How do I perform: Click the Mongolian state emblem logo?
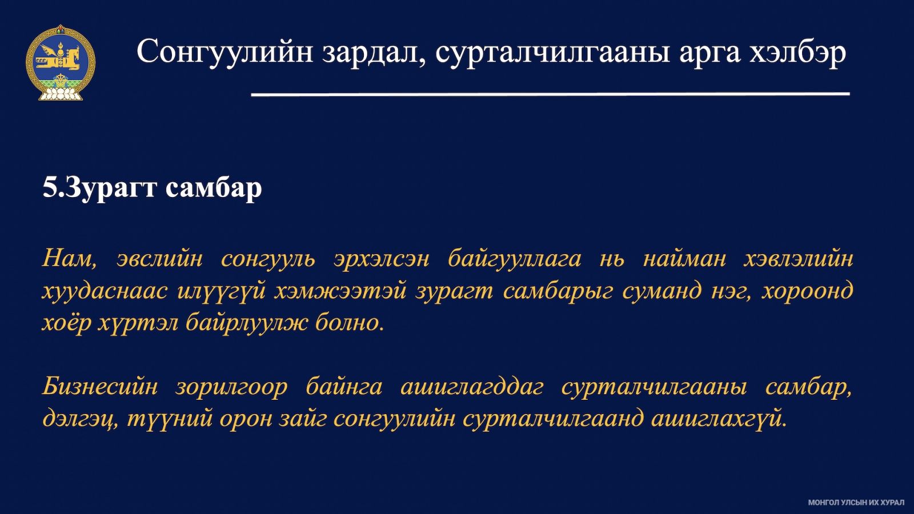(61, 63)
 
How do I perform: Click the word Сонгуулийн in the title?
(225, 51)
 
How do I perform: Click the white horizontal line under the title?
(550, 94)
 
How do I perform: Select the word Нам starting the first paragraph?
(69, 259)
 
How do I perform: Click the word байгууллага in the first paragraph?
(514, 259)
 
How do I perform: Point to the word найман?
(684, 259)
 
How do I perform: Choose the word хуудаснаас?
(105, 292)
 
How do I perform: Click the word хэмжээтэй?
(340, 292)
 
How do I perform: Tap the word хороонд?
(808, 292)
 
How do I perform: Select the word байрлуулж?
(246, 324)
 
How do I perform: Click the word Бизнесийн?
(100, 387)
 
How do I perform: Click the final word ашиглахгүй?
(719, 419)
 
